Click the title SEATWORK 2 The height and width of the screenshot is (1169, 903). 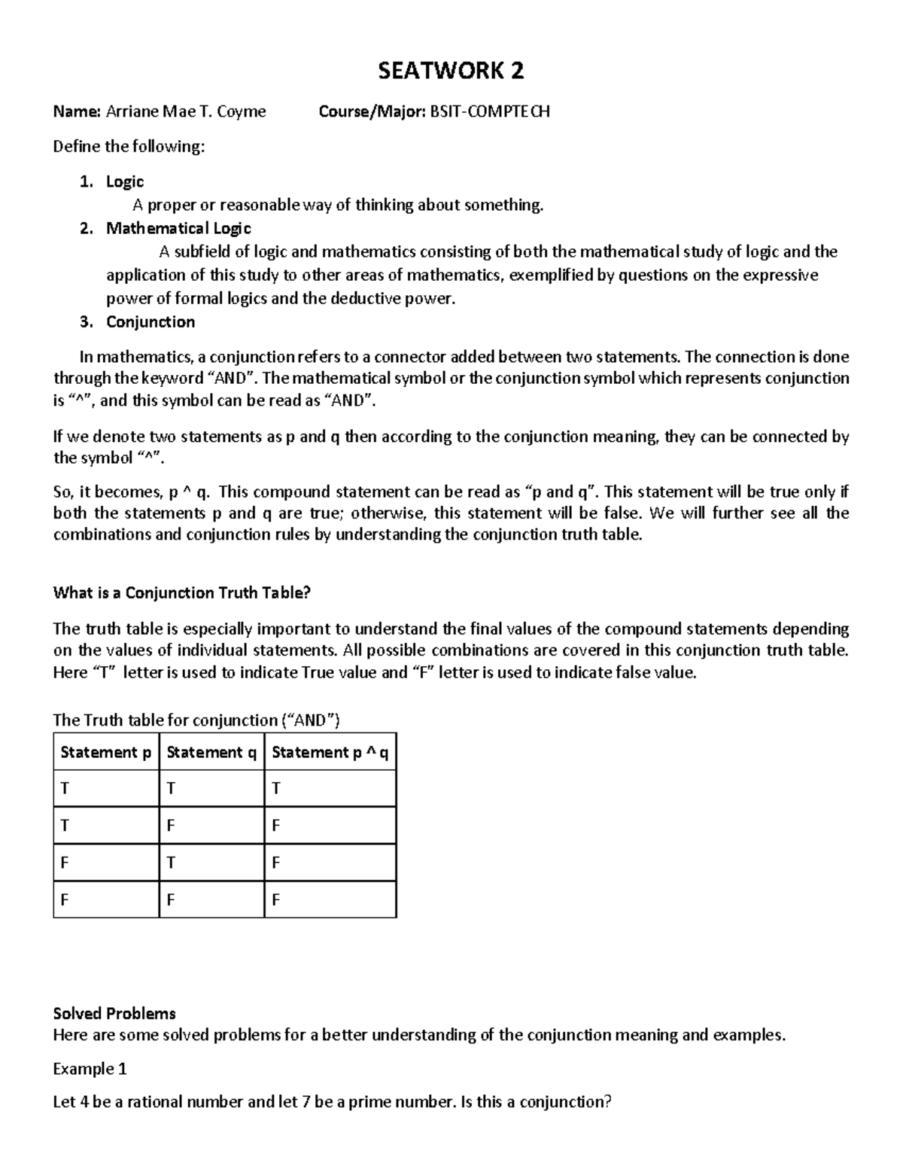451,71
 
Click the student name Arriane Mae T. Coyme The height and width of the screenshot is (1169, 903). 186,111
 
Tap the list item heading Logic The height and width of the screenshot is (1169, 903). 125,181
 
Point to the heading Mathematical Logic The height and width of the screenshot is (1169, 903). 178,228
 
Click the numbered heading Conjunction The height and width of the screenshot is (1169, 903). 150,322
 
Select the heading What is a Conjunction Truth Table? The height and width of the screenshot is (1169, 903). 181,593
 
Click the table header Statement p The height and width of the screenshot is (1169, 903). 106,752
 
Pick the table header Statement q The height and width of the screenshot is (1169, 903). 211,752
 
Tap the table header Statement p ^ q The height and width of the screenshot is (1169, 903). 330,752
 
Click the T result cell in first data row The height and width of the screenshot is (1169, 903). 276,788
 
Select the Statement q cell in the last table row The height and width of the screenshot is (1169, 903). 171,900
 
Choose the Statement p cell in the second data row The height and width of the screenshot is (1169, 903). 65,826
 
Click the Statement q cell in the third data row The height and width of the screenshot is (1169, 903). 171,863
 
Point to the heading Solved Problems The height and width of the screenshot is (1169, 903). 114,1013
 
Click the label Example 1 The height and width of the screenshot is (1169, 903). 90,1069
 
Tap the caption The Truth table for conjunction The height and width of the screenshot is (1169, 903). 196,720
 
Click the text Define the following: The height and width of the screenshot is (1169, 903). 129,147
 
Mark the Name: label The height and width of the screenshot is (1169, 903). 76,111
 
